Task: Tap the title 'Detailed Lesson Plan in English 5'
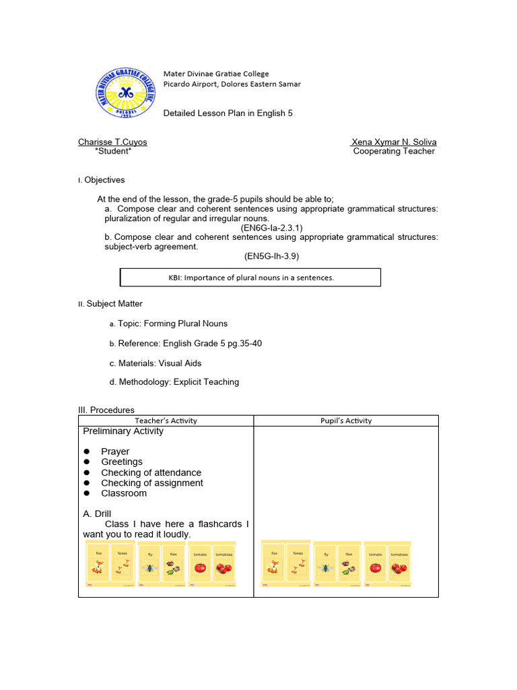pos(228,113)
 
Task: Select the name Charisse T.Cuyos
pos(112,142)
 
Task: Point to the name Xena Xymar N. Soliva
pos(394,142)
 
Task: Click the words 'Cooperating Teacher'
pos(394,152)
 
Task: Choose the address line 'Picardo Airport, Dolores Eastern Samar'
pos(232,84)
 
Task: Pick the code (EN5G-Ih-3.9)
pos(271,257)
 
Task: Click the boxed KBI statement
pos(250,278)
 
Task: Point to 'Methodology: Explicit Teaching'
pos(178,382)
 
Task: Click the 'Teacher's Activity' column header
pos(166,420)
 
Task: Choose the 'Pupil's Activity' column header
pos(346,420)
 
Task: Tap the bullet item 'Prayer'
pos(115,451)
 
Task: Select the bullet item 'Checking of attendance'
pos(151,472)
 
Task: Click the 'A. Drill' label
pos(97,513)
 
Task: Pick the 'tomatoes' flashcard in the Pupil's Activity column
pos(399,565)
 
